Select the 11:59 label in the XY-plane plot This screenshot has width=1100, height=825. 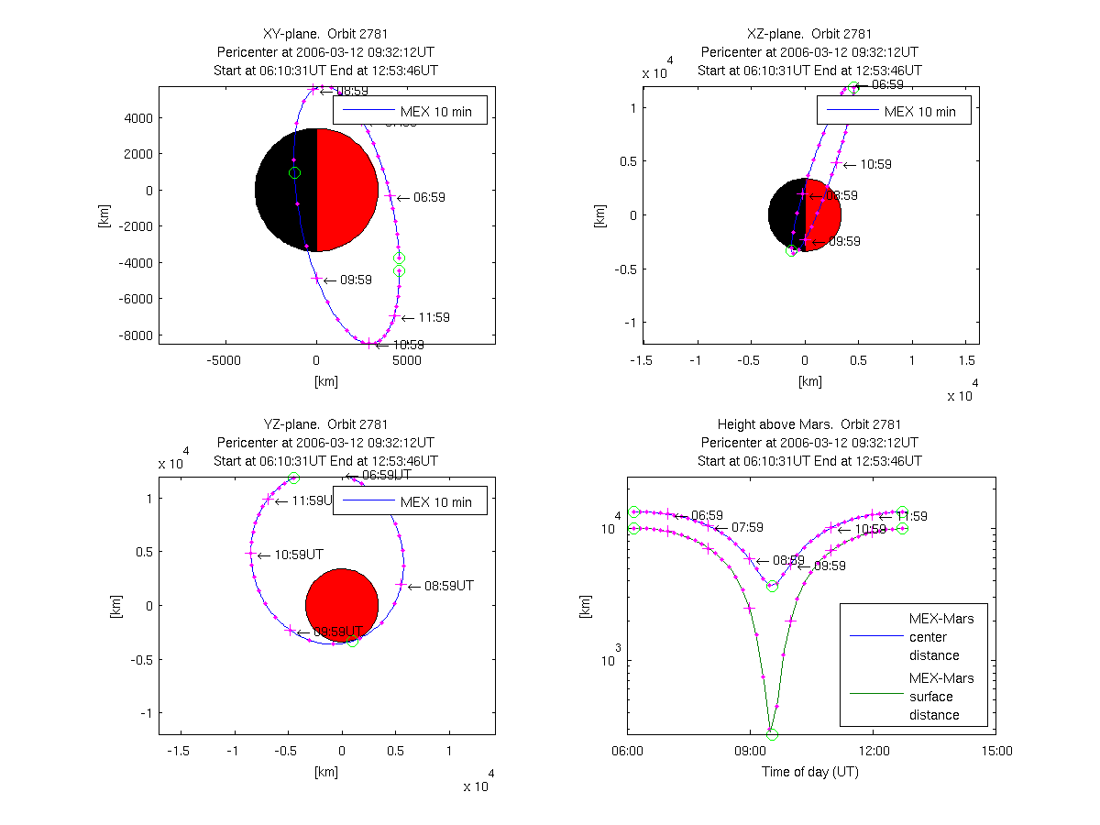434,317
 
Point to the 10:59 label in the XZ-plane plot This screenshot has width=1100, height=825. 875,165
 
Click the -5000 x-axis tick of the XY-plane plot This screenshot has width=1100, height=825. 224,360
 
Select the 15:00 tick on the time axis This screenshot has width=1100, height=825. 996,752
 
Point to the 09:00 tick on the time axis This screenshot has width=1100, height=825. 750,752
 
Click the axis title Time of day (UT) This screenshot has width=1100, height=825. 810,772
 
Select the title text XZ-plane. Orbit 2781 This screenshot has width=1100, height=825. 809,34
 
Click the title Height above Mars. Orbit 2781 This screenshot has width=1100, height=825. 809,424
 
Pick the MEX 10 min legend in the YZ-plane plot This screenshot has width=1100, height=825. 409,501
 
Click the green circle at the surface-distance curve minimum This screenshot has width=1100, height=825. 772,734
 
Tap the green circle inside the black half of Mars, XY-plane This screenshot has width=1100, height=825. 294,173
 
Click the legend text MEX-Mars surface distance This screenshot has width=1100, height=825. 941,697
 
